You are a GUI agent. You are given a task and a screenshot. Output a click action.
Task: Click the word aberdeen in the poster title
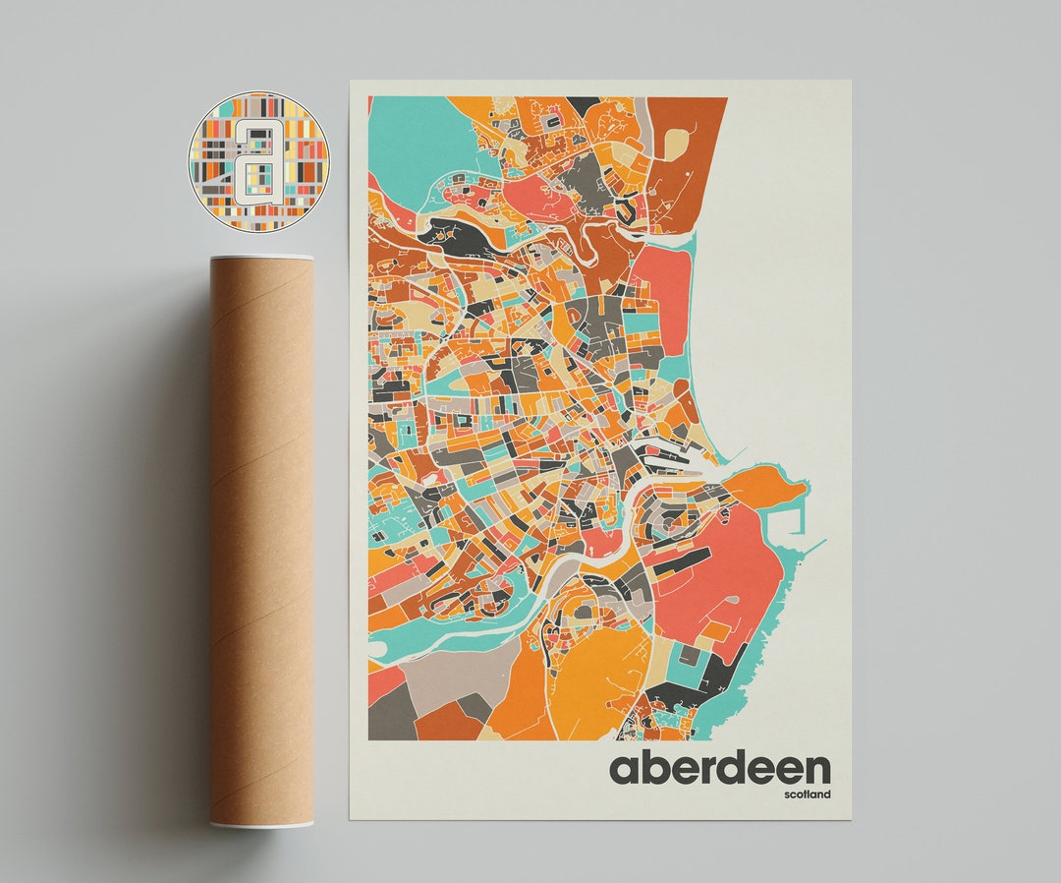click(719, 768)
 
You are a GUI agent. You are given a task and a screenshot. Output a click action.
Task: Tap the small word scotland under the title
click(807, 795)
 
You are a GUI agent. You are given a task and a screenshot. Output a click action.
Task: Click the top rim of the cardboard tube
click(261, 259)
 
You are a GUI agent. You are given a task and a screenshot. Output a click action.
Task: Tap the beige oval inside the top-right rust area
click(676, 145)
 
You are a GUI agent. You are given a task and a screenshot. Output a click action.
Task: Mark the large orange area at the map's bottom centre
click(589, 678)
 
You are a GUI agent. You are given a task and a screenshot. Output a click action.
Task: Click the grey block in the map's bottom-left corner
click(387, 713)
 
